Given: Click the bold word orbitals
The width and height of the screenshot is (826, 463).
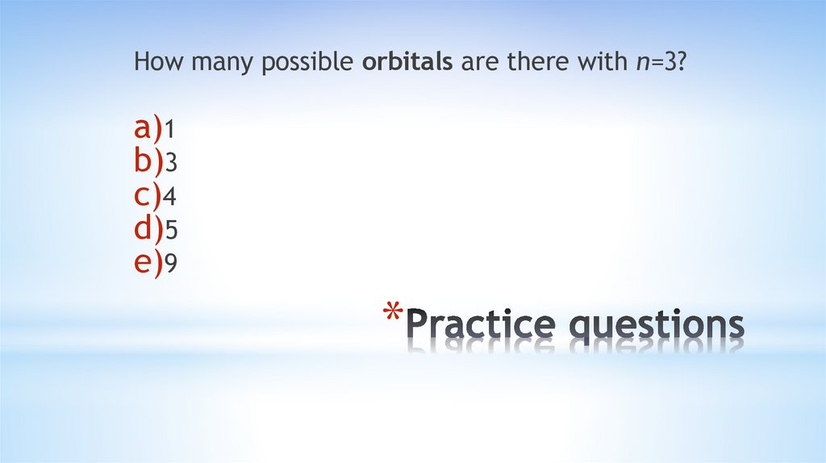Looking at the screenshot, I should (x=407, y=62).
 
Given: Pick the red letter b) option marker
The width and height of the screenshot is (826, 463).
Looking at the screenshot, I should (x=148, y=161).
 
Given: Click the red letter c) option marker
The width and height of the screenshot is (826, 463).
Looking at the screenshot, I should (x=148, y=195).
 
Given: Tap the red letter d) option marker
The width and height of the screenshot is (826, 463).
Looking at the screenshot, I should (x=148, y=229).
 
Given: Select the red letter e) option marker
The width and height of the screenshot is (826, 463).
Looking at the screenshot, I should (x=148, y=263).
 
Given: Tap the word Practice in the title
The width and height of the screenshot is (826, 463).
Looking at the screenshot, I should (x=481, y=324).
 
